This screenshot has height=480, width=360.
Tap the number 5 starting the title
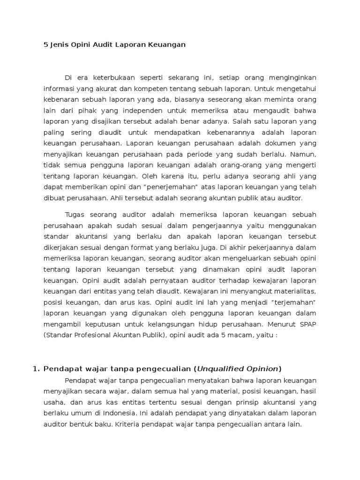(40, 45)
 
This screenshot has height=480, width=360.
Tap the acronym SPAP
(307, 324)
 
